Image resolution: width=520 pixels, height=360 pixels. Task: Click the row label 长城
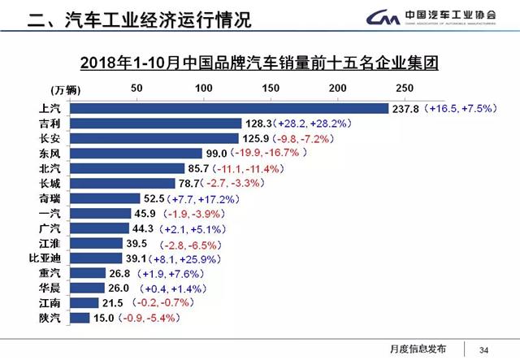[48, 183]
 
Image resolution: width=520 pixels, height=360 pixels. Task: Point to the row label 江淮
[48, 243]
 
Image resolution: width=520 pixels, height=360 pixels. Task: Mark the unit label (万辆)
[50, 89]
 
